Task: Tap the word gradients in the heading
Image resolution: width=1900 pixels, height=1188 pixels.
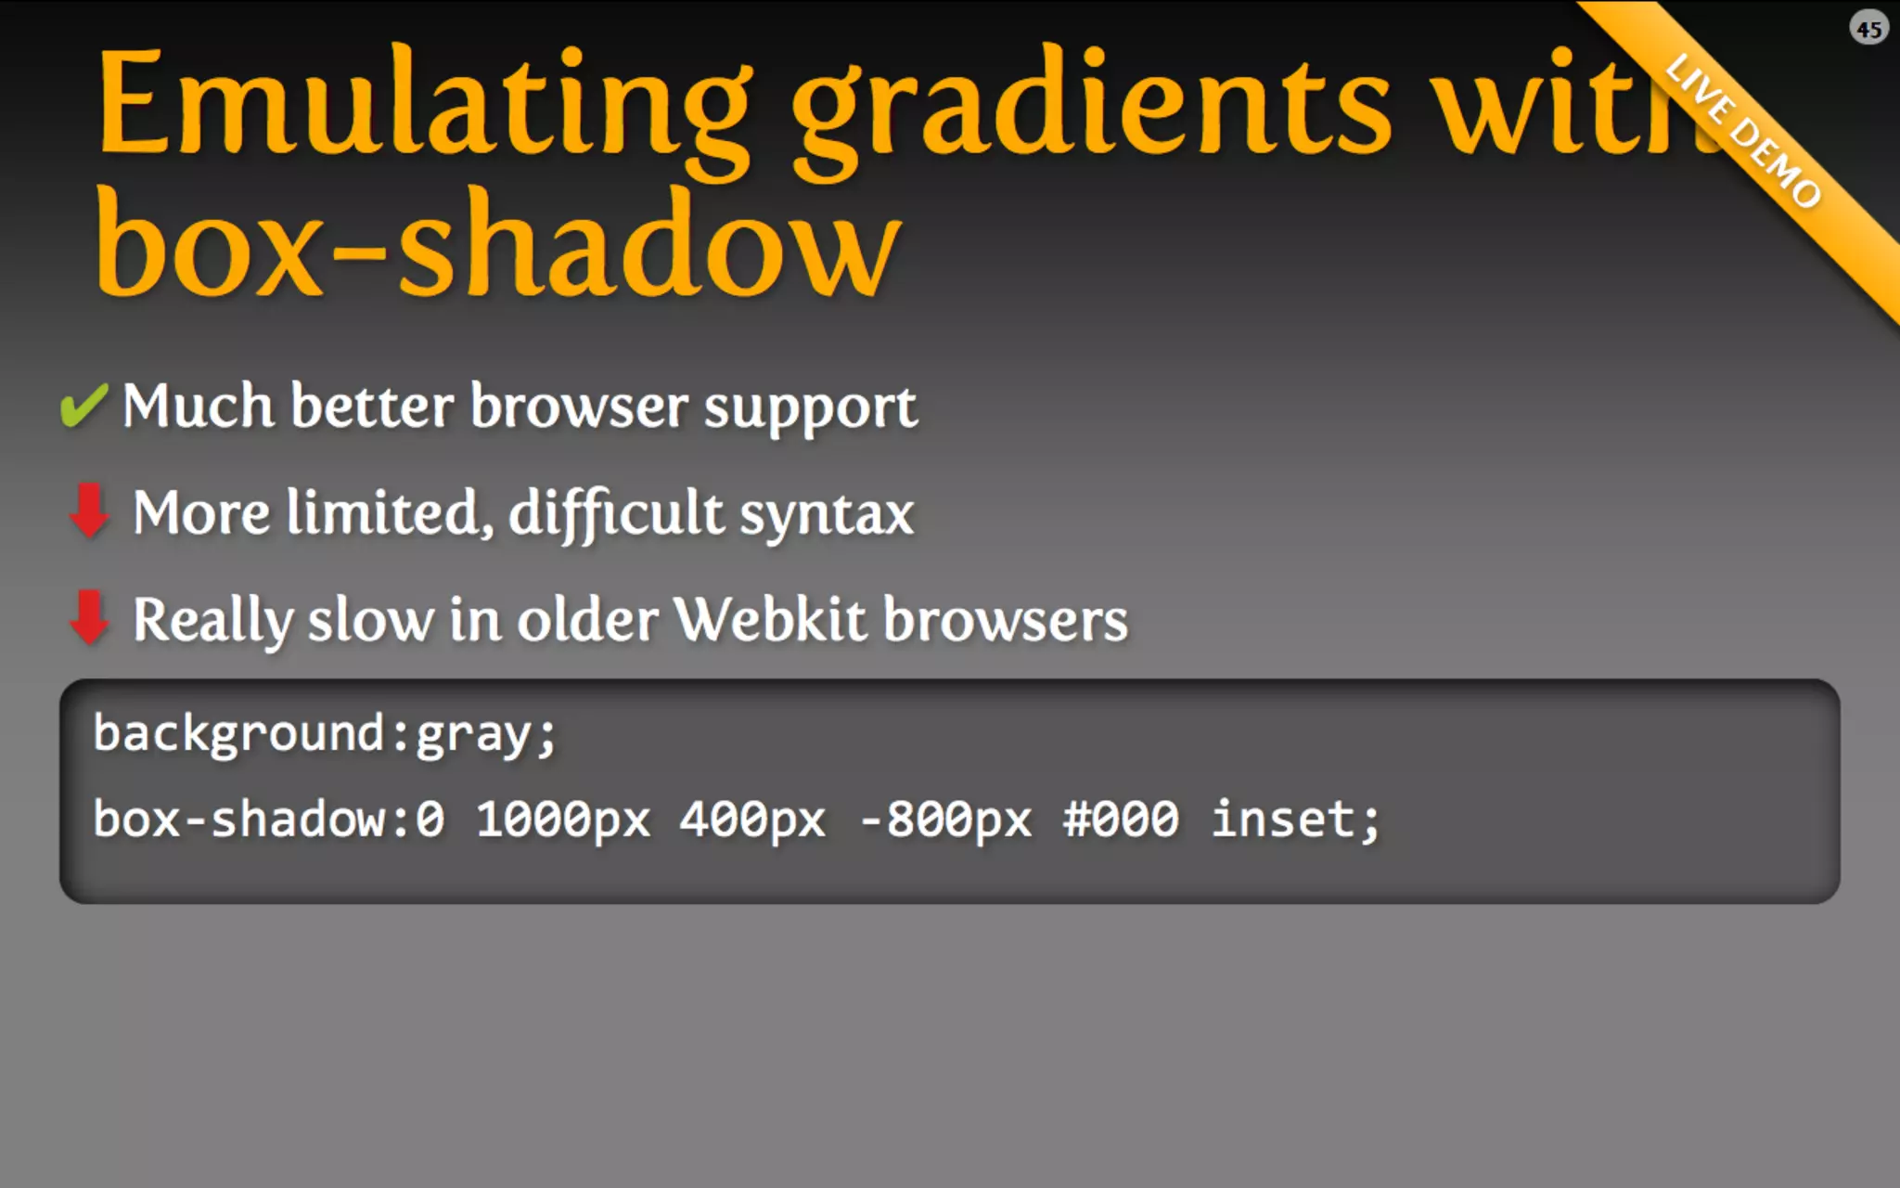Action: pyautogui.click(x=1090, y=107)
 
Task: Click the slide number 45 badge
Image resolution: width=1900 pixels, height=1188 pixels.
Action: pyautogui.click(x=1868, y=29)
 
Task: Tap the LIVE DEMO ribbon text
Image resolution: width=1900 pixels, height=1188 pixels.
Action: pyautogui.click(x=1743, y=130)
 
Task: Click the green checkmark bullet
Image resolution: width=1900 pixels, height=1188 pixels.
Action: pyautogui.click(x=83, y=406)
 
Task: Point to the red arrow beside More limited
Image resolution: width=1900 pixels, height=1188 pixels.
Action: pyautogui.click(x=89, y=510)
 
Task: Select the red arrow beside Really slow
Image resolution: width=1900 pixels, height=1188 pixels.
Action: pyautogui.click(x=89, y=617)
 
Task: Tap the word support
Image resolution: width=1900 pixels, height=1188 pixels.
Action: pyautogui.click(x=810, y=408)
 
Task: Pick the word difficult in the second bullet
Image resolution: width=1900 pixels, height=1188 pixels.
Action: pyautogui.click(x=615, y=513)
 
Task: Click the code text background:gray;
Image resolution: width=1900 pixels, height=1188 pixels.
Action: pyautogui.click(x=325, y=734)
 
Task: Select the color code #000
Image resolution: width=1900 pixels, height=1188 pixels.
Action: pyautogui.click(x=1121, y=820)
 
